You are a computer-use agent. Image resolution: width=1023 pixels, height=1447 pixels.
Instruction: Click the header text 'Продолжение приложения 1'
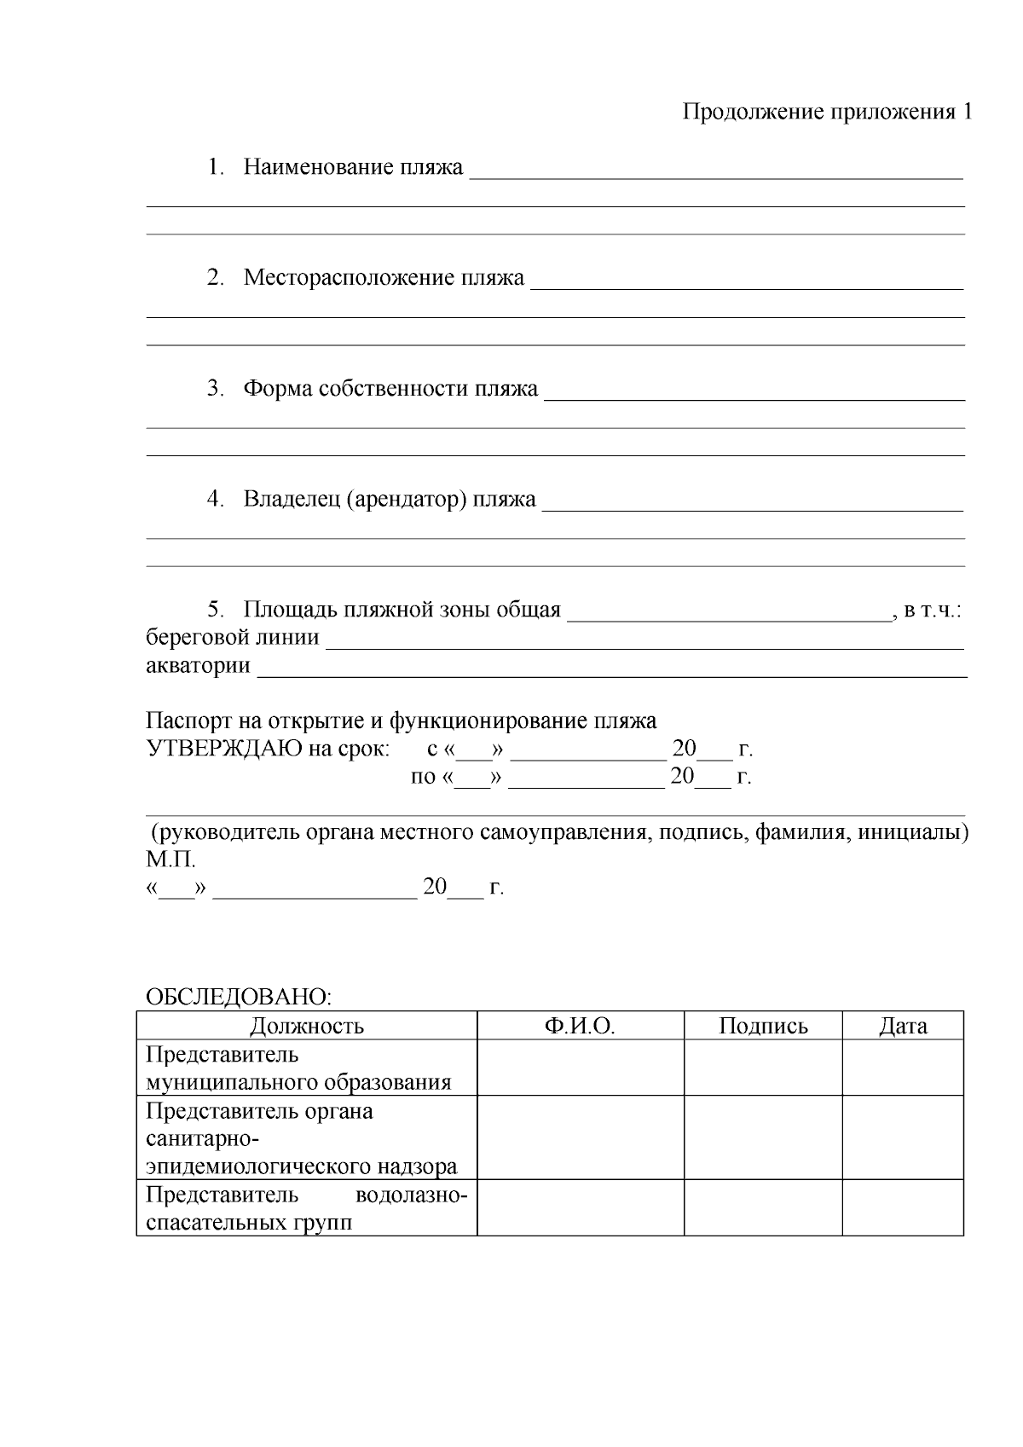pyautogui.click(x=827, y=113)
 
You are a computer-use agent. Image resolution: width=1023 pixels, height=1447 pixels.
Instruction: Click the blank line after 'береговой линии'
pyautogui.click(x=645, y=646)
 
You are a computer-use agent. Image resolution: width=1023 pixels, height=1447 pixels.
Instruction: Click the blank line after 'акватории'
pyautogui.click(x=611, y=674)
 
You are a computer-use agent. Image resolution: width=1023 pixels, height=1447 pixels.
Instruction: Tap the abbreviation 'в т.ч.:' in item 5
pyautogui.click(x=933, y=611)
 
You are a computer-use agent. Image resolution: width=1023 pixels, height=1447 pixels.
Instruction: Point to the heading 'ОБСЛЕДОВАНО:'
pyautogui.click(x=238, y=998)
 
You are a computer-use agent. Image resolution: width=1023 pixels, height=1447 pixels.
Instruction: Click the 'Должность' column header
pyautogui.click(x=307, y=1026)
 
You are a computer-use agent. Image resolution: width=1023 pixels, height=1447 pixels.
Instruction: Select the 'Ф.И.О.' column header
pyautogui.click(x=580, y=1026)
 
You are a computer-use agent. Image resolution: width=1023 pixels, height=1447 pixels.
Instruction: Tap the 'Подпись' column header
pyautogui.click(x=763, y=1026)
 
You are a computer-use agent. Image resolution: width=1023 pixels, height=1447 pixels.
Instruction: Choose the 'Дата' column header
pyautogui.click(x=903, y=1026)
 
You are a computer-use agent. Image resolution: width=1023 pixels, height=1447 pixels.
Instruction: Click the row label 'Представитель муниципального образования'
pyautogui.click(x=298, y=1068)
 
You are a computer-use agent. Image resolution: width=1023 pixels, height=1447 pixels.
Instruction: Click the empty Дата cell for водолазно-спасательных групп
pyautogui.click(x=903, y=1207)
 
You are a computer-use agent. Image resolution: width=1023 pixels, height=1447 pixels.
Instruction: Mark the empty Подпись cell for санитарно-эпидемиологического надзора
pyautogui.click(x=763, y=1137)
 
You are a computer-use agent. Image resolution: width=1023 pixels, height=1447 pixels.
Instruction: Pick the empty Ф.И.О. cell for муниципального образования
pyautogui.click(x=580, y=1068)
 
